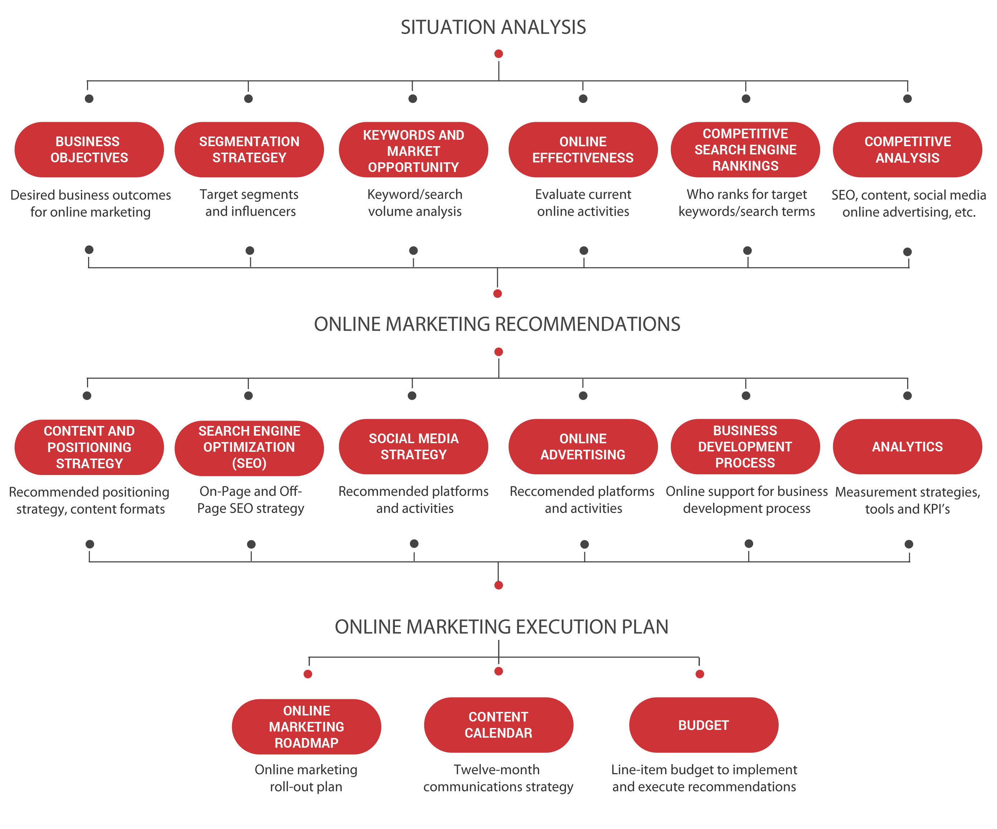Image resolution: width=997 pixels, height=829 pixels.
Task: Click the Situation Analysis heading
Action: (x=493, y=28)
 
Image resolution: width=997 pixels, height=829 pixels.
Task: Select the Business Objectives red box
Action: (x=89, y=150)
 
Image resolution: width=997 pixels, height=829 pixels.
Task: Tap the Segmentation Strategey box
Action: (x=249, y=150)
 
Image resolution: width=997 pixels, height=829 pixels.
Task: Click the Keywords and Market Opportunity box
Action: (x=413, y=150)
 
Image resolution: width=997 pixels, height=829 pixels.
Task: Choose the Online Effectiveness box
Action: (x=583, y=150)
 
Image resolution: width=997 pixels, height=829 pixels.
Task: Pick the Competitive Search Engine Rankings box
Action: (x=745, y=150)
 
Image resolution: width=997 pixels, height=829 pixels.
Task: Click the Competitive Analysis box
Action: (x=907, y=150)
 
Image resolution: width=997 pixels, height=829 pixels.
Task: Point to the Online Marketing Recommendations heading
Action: (x=497, y=324)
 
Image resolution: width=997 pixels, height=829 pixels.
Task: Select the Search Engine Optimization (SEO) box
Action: (x=249, y=448)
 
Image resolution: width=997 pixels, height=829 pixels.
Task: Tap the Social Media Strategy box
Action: (x=413, y=447)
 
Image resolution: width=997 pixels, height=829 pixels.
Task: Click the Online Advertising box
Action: (x=583, y=447)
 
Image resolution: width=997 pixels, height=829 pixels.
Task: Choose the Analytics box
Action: (x=907, y=447)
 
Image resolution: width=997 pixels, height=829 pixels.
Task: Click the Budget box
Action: (x=703, y=725)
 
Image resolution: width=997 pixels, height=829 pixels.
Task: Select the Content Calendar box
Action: (x=498, y=725)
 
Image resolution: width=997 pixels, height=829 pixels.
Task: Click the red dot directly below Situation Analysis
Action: (x=498, y=54)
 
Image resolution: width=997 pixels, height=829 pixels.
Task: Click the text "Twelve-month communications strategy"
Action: (x=498, y=778)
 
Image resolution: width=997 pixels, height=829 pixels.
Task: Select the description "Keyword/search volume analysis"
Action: (x=415, y=203)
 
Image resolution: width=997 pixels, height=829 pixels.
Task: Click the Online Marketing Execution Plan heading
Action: (x=501, y=627)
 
